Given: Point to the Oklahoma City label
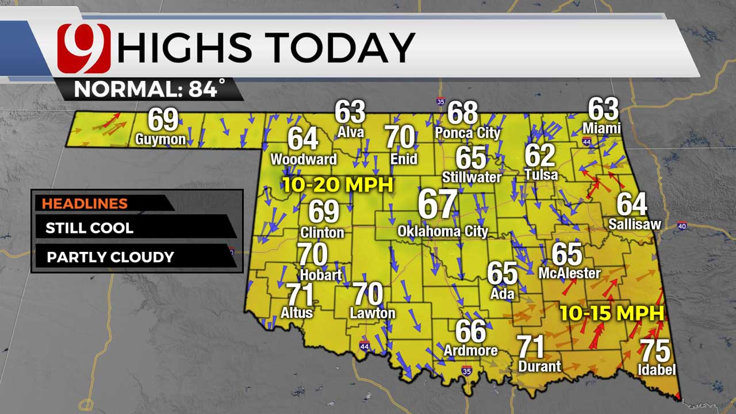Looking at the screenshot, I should [x=443, y=232].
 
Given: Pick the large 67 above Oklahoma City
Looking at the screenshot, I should [x=438, y=204].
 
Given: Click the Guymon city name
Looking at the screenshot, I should [x=160, y=139].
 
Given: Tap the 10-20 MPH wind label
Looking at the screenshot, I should [x=338, y=185].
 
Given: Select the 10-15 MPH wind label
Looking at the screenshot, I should [x=612, y=313].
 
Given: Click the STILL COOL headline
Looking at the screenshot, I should [x=89, y=228].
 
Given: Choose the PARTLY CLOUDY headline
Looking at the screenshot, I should [x=110, y=256].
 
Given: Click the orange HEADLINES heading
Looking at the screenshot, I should [x=85, y=204].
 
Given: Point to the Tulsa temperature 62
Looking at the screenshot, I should [x=540, y=155].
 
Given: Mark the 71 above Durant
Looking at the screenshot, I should [x=531, y=347].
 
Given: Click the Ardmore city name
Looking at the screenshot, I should [x=470, y=350].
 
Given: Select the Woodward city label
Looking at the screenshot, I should [x=304, y=159].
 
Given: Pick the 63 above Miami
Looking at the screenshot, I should [x=603, y=109].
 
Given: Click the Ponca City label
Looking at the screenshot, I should [x=467, y=133].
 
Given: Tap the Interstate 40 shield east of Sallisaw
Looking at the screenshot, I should [x=682, y=225].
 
